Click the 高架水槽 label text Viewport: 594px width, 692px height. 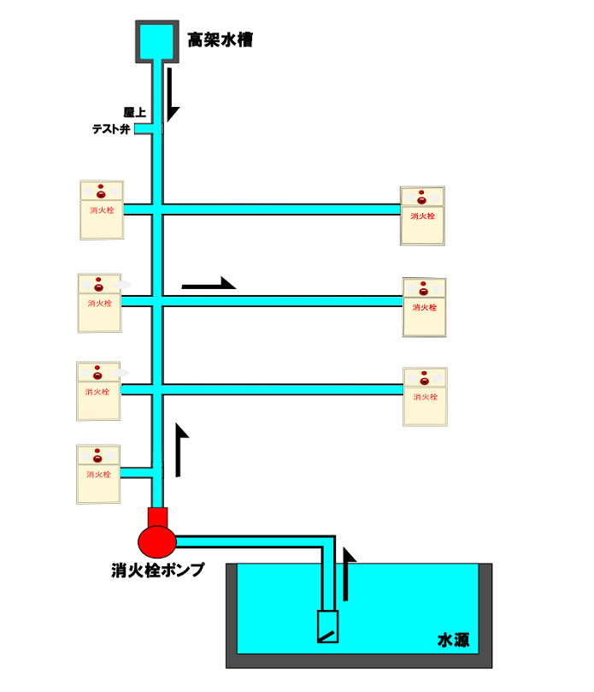click(x=220, y=38)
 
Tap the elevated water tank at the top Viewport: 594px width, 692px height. click(x=158, y=39)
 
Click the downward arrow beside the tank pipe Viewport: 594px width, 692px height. click(x=173, y=93)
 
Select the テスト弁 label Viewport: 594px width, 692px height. click(x=111, y=129)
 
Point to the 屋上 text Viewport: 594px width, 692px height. click(x=133, y=112)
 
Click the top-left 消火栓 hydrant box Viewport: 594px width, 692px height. click(x=101, y=210)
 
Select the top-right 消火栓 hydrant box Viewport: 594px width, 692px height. click(x=423, y=216)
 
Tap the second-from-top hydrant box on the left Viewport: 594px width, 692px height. click(x=99, y=303)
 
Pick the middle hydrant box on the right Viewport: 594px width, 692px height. click(x=425, y=306)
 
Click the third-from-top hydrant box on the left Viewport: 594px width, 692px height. click(x=98, y=391)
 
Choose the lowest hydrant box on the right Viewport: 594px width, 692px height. click(x=425, y=396)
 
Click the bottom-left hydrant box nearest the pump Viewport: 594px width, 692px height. click(x=97, y=474)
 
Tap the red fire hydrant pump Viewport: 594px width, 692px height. click(x=157, y=535)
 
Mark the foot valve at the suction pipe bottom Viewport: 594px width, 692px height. click(x=327, y=627)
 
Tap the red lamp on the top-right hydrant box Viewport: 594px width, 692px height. click(x=422, y=199)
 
